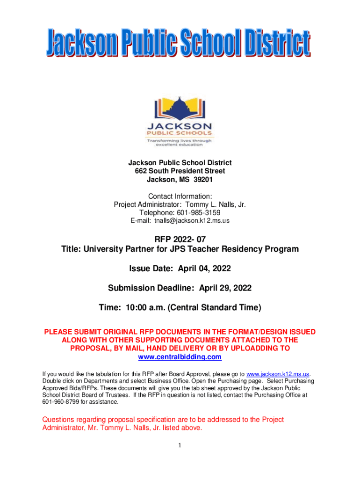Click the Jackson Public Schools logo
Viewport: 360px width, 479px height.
click(x=180, y=121)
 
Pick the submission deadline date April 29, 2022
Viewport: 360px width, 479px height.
click(x=225, y=288)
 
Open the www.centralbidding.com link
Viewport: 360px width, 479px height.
click(x=180, y=357)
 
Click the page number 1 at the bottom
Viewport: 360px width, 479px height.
click(x=179, y=444)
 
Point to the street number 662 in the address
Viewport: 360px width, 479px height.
click(x=141, y=171)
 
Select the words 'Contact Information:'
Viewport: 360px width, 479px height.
click(x=180, y=196)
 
